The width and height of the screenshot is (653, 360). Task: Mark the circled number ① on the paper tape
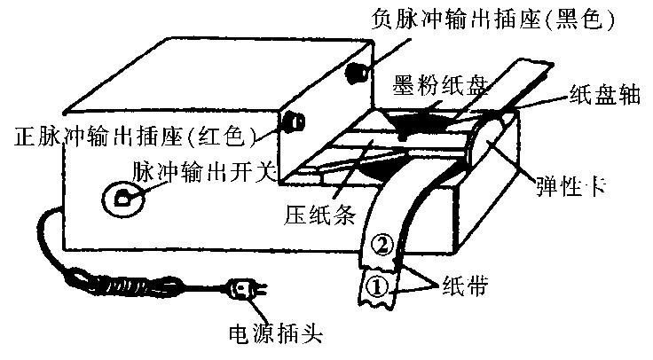pos(374,286)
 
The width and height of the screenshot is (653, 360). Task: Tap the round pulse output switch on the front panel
pos(122,198)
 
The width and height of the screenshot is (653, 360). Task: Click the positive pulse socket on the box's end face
pos(293,121)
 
